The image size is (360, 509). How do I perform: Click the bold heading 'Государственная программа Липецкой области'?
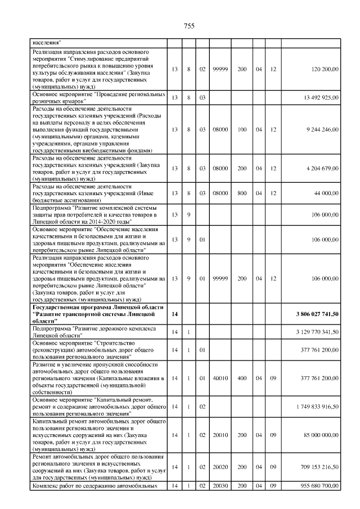(x=98, y=308)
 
